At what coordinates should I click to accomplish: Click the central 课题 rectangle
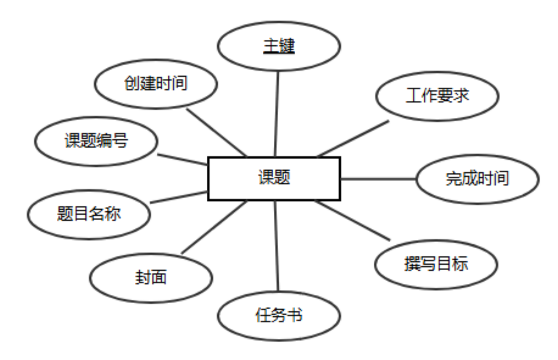coord(274,178)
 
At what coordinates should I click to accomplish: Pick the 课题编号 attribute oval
coord(96,141)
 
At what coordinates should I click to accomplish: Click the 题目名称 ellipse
coord(88,214)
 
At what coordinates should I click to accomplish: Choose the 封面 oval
coord(150,277)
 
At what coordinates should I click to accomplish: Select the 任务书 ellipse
coord(278,316)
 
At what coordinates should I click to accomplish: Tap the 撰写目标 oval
coord(436,263)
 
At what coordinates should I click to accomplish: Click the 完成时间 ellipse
coord(477,178)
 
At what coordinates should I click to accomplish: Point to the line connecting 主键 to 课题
coord(277,114)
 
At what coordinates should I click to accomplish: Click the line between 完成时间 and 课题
coord(378,178)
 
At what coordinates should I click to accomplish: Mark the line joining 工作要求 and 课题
coord(353,138)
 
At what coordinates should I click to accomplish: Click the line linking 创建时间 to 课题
coord(217,131)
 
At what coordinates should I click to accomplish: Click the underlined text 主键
coord(279,46)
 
